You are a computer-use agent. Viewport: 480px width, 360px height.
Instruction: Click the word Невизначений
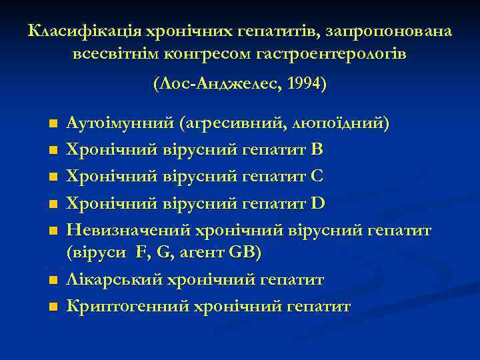coord(127,231)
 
